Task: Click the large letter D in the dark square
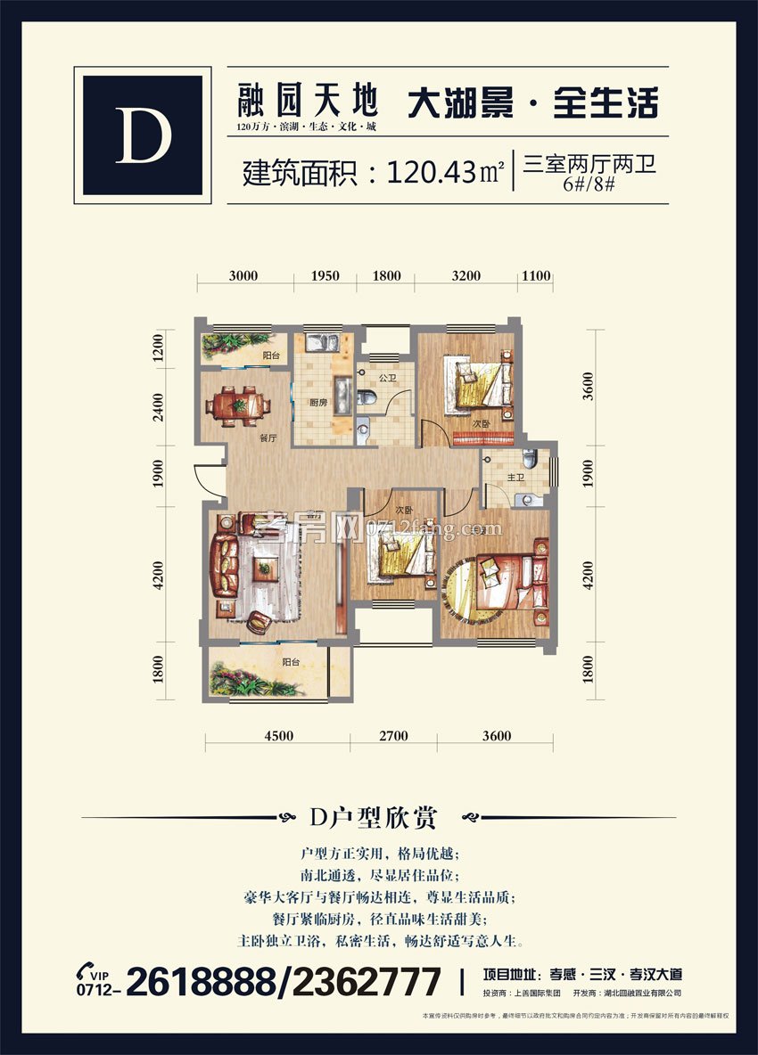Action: point(143,135)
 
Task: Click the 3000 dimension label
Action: point(243,276)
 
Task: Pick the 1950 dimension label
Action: point(325,276)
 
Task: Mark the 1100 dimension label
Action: point(535,276)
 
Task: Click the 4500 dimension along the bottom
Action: point(278,735)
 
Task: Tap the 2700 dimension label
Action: point(393,735)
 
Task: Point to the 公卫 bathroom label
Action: point(386,378)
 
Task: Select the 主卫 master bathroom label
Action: point(515,478)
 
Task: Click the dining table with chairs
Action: point(238,405)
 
